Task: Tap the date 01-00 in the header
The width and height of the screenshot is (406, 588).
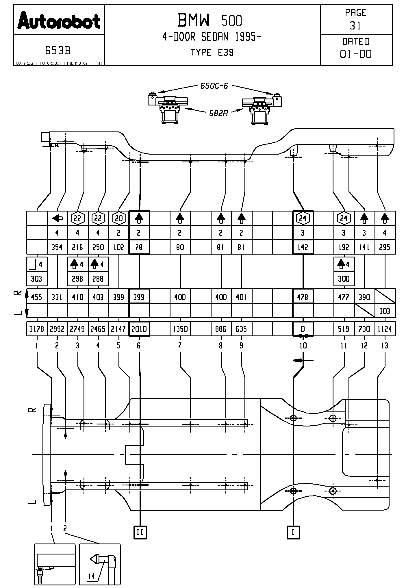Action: pyautogui.click(x=356, y=54)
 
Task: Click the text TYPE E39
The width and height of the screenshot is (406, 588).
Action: pyautogui.click(x=212, y=53)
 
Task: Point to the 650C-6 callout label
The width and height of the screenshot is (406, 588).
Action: pyautogui.click(x=214, y=86)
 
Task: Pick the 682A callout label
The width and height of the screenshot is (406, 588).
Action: pyautogui.click(x=218, y=113)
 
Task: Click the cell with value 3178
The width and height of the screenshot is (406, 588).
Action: pyautogui.click(x=37, y=329)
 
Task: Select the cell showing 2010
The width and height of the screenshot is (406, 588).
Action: pyautogui.click(x=139, y=329)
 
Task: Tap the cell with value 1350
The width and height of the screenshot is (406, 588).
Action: pyautogui.click(x=180, y=329)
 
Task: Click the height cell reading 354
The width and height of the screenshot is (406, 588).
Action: pyautogui.click(x=57, y=247)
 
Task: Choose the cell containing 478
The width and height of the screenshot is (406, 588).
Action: pyautogui.click(x=303, y=297)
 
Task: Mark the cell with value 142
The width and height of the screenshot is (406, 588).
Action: pyautogui.click(x=303, y=247)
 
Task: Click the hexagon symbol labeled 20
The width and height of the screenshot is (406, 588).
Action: pyautogui.click(x=119, y=218)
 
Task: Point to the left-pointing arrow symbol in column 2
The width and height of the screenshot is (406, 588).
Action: pyautogui.click(x=58, y=218)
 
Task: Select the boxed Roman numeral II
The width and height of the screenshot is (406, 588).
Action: pyautogui.click(x=140, y=532)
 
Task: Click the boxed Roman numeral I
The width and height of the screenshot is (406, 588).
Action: pyautogui.click(x=293, y=532)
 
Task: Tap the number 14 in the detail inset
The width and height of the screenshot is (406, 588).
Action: pyautogui.click(x=91, y=574)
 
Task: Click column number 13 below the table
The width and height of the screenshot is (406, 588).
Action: pyautogui.click(x=385, y=346)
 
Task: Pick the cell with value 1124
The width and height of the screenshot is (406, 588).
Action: pyautogui.click(x=385, y=329)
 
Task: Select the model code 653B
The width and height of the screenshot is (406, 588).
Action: pyautogui.click(x=58, y=51)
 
